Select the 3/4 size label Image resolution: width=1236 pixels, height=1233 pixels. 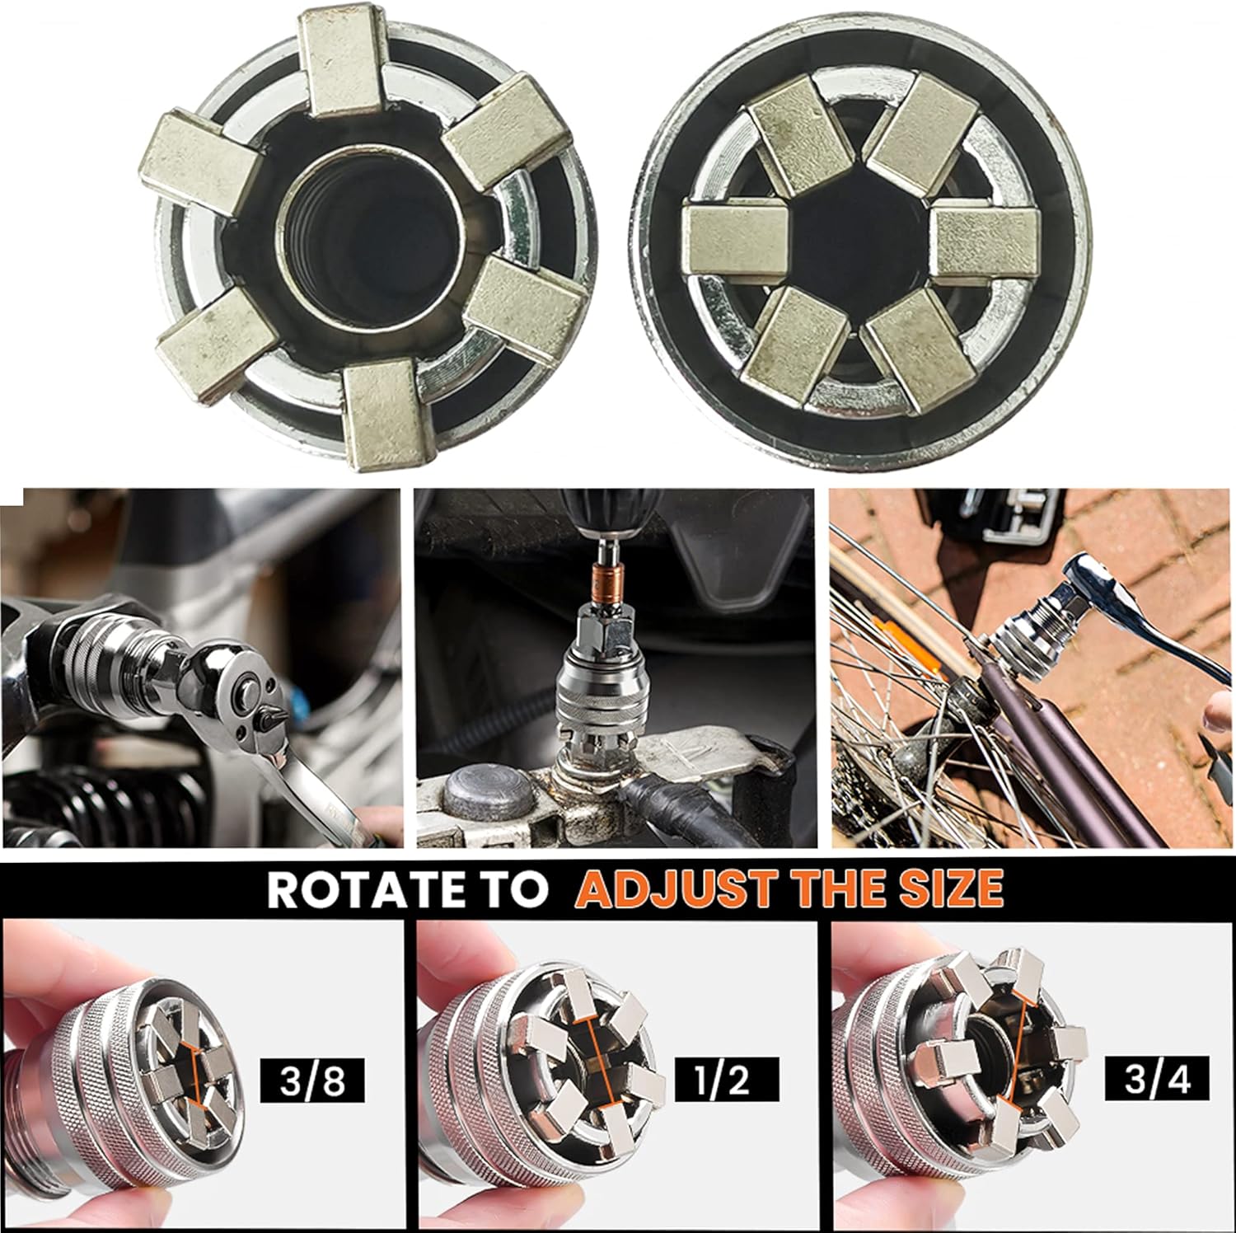point(1158,1080)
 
